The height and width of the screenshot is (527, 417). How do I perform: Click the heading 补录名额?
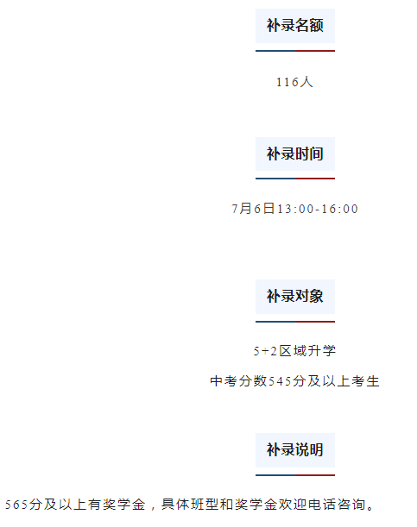295,26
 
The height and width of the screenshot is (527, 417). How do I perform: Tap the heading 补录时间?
295,154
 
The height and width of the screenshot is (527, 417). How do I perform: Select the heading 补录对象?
295,296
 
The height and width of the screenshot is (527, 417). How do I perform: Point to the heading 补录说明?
295,449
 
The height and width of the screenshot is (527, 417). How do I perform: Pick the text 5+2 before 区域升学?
265,351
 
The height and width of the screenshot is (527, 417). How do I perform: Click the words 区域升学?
307,351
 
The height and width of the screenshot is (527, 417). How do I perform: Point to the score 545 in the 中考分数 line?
280,381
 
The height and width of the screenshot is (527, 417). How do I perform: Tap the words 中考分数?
238,381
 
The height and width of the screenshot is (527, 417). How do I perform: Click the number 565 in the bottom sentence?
16,505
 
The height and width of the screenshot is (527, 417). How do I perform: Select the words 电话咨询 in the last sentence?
337,505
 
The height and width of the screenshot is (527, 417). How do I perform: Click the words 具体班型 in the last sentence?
190,505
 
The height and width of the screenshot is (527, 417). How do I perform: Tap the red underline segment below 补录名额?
315,51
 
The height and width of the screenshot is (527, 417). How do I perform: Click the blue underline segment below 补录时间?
275,179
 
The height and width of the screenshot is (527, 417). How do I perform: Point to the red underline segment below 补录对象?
315,322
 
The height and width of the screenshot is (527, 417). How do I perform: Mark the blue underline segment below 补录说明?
275,475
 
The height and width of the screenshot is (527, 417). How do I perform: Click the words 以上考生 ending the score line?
351,381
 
